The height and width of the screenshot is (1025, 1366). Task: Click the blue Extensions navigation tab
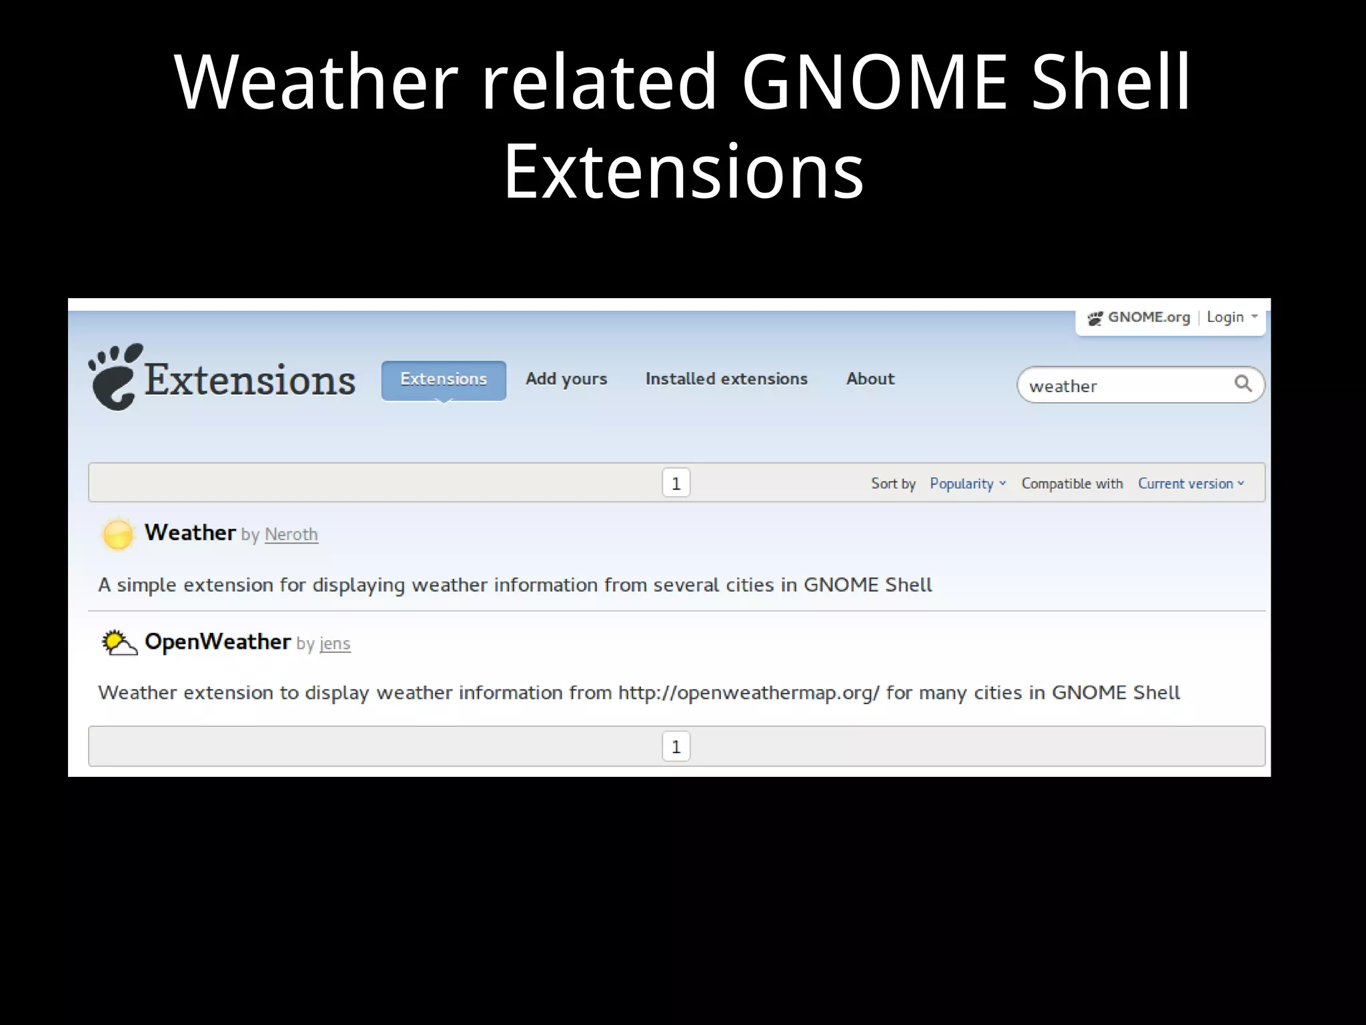coord(444,379)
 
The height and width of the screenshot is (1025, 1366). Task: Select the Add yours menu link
coord(566,379)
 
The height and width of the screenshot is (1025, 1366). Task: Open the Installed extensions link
coord(726,379)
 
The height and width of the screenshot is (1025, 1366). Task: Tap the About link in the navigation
coord(870,379)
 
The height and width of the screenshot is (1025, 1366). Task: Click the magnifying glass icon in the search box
coord(1243,383)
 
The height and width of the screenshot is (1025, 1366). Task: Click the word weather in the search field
coord(1063,386)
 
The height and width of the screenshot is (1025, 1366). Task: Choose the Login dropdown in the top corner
coord(1231,317)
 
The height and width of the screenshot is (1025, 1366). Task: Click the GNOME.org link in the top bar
coord(1148,317)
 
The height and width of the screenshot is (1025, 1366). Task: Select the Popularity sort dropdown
coord(967,483)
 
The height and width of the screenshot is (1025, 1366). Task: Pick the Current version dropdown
coord(1191,483)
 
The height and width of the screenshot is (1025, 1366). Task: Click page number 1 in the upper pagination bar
coord(676,483)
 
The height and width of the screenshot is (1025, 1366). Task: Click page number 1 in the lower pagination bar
coord(676,746)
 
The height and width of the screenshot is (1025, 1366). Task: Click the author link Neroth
coord(291,535)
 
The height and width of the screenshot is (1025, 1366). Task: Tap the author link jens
coord(335,644)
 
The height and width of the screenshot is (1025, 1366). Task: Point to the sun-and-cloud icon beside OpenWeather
coord(119,643)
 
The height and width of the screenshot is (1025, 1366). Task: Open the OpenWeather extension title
coord(217,642)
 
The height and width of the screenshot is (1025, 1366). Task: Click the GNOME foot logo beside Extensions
coord(116,377)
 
